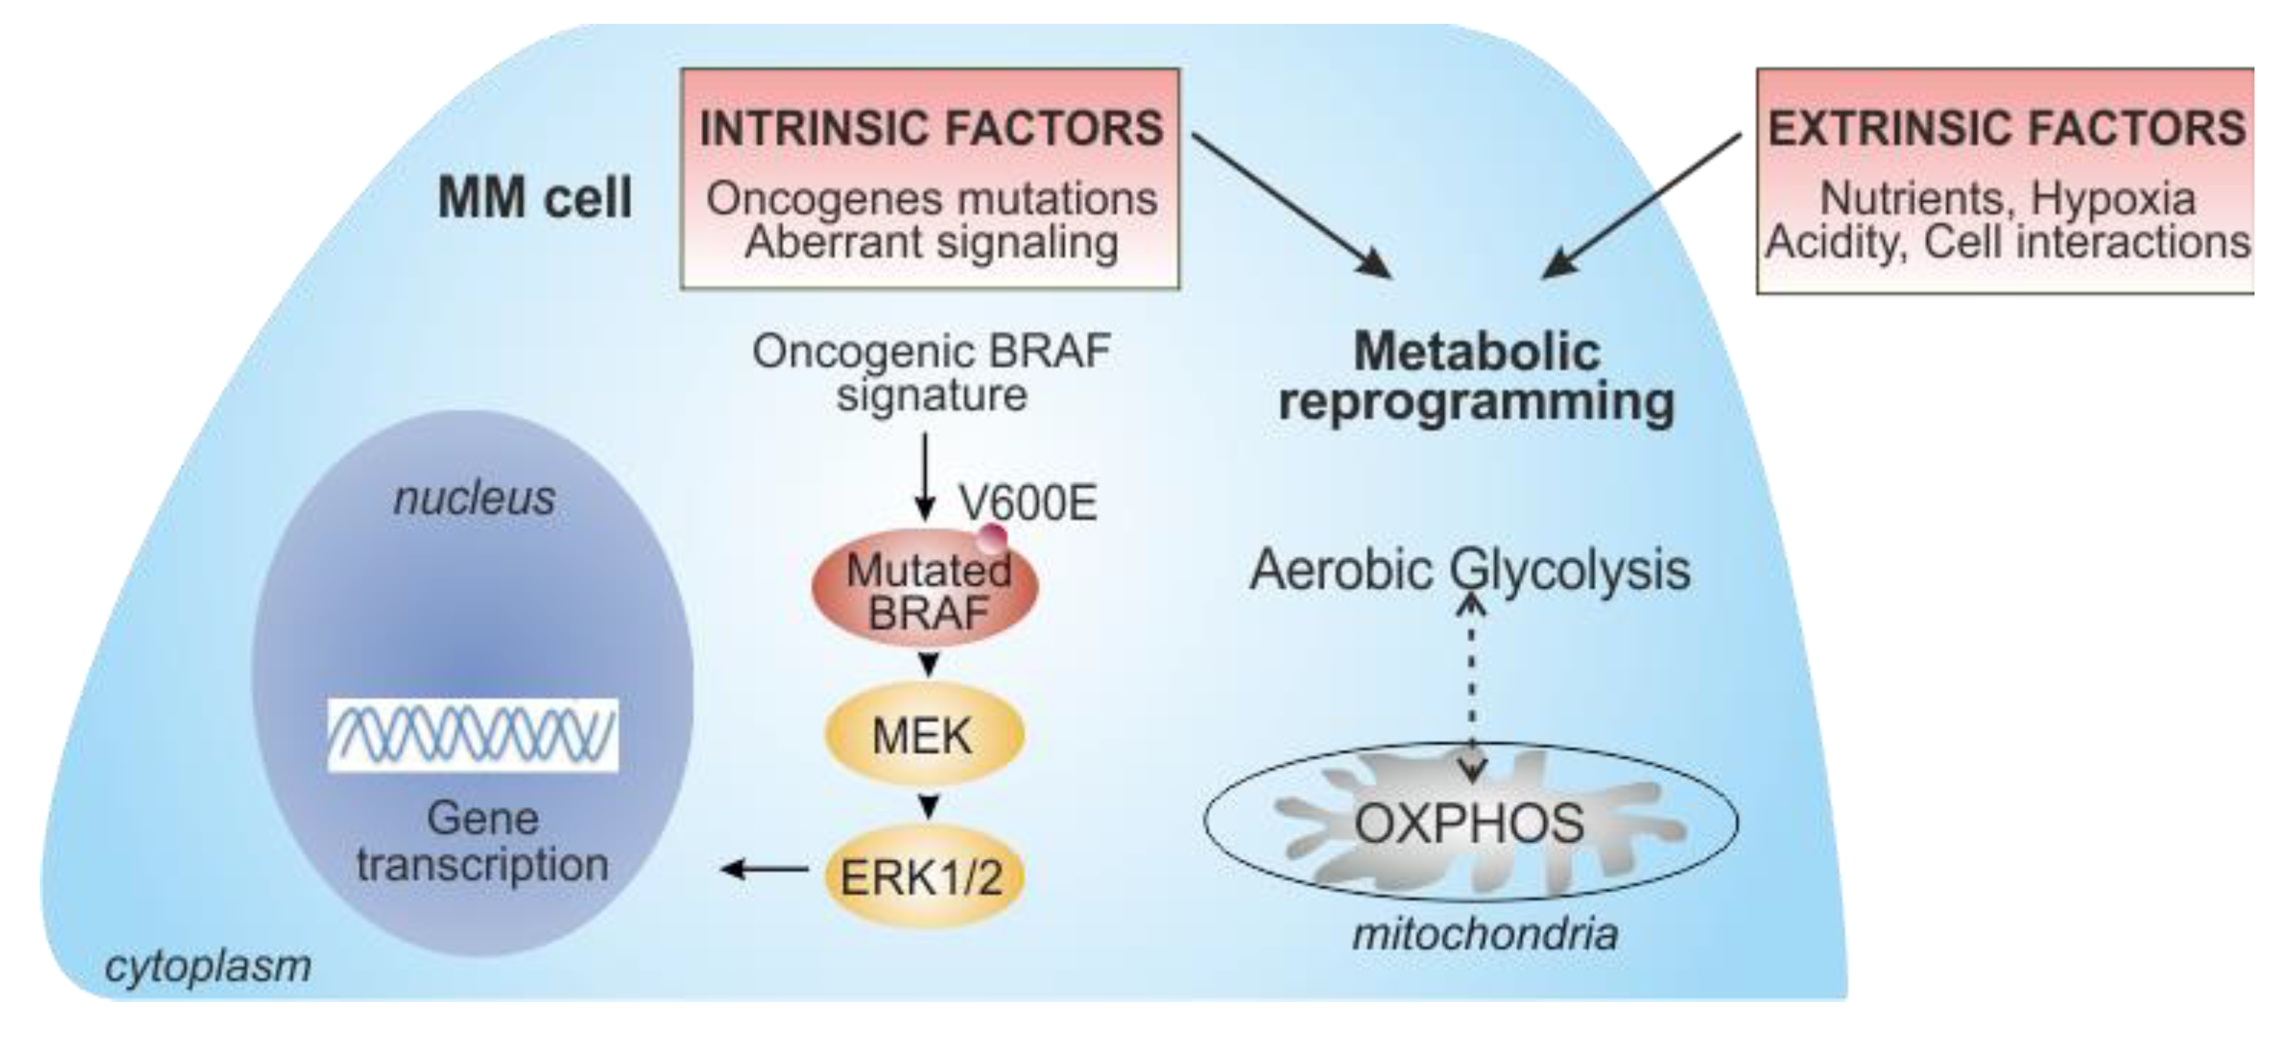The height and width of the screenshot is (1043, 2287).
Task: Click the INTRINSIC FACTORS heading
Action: point(930,128)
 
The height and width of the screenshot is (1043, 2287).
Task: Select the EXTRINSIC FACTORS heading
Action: point(2006,128)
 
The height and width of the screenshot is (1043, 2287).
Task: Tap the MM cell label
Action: point(534,197)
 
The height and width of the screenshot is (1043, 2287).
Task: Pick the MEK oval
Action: point(923,736)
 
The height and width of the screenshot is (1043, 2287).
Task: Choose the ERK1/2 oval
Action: point(923,877)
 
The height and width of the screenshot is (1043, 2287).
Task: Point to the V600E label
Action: point(1028,503)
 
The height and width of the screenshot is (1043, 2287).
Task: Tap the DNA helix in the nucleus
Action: point(472,734)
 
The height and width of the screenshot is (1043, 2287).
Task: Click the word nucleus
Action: point(474,498)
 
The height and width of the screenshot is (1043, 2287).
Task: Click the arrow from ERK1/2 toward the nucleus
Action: point(764,868)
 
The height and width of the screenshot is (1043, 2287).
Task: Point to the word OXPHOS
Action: point(1469,823)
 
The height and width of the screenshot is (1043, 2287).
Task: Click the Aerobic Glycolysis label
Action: point(1469,569)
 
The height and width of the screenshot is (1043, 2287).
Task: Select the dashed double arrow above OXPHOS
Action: point(1472,688)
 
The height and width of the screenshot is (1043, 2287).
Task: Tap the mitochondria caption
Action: point(1484,934)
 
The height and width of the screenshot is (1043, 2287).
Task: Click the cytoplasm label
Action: point(208,966)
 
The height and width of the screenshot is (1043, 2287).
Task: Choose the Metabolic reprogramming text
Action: point(1476,377)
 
